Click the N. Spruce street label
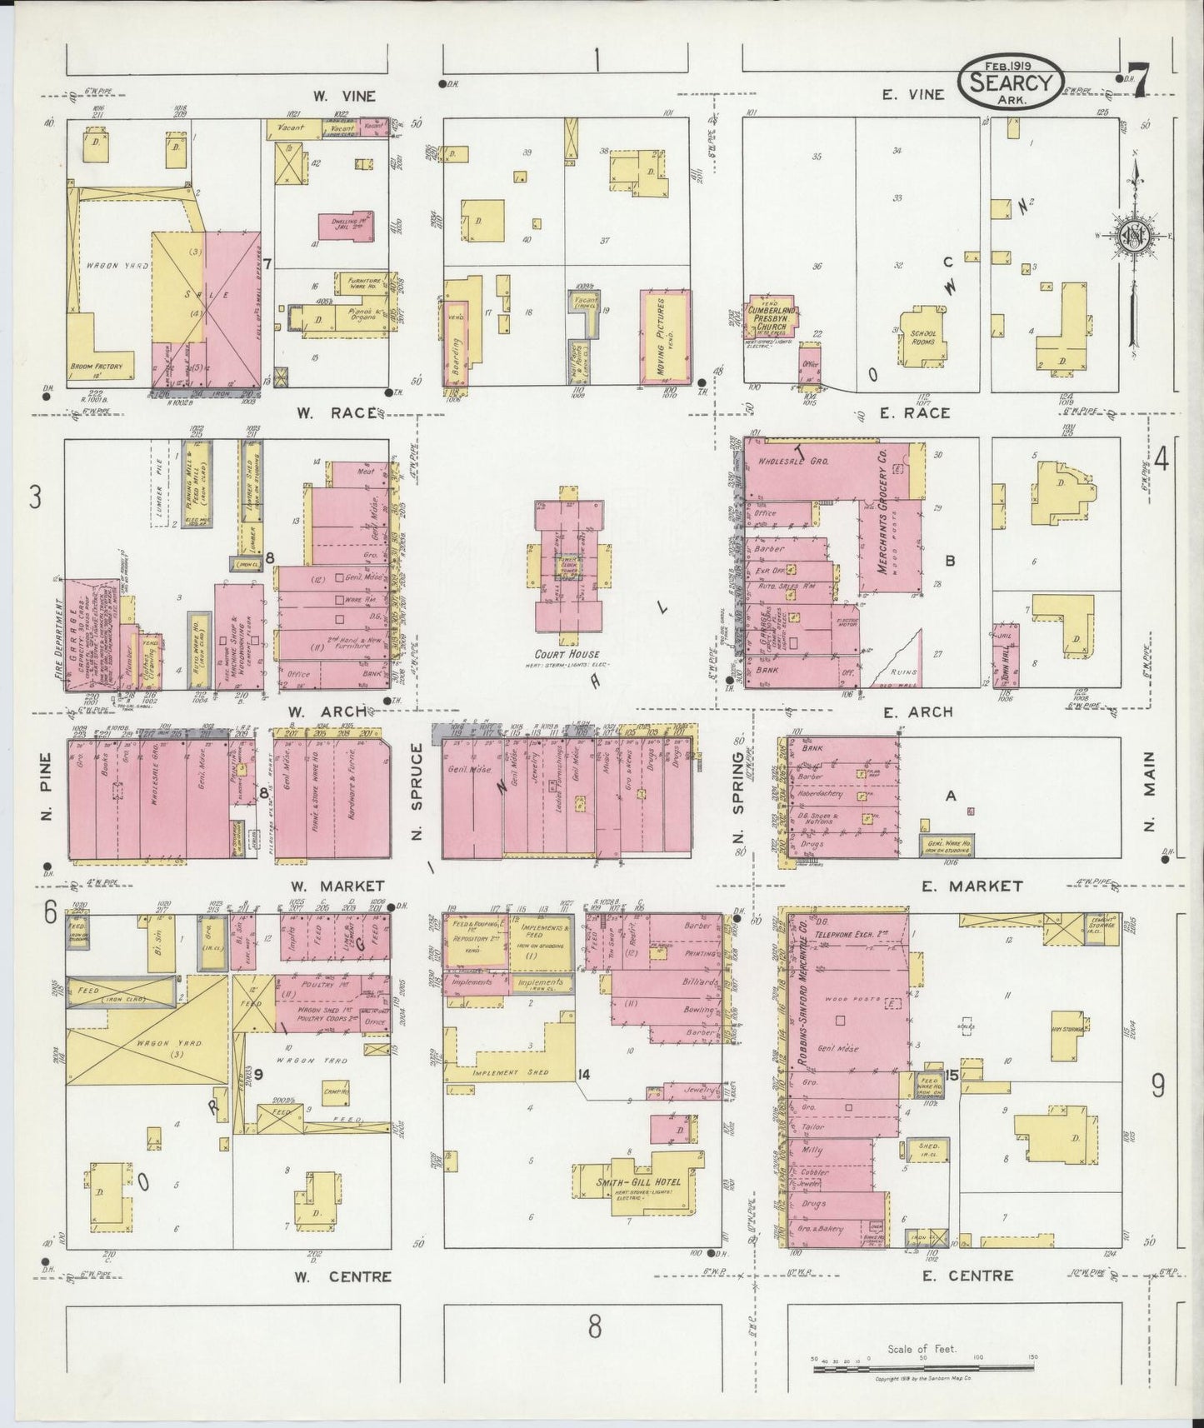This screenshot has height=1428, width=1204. coord(417,791)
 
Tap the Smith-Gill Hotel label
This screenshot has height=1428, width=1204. coord(639,1181)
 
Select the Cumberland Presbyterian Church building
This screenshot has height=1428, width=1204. coord(771,317)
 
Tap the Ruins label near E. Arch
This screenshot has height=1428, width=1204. coord(903,672)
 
